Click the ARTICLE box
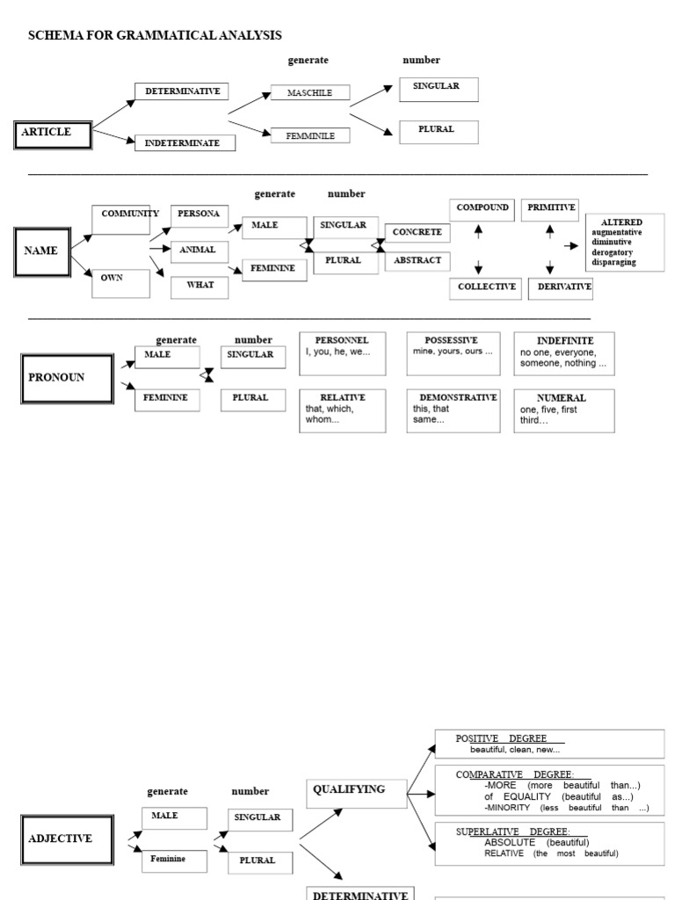pyautogui.click(x=53, y=134)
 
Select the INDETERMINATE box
pyautogui.click(x=185, y=142)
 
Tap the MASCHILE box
pyautogui.click(x=309, y=92)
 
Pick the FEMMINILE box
pyautogui.click(x=309, y=135)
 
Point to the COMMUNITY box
pyautogui.click(x=121, y=220)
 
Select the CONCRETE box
pyautogui.click(x=417, y=233)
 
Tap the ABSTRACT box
pyautogui.click(x=417, y=261)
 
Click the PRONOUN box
pyautogui.click(x=67, y=378)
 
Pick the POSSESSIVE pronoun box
pyautogui.click(x=454, y=352)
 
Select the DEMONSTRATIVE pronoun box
pyautogui.click(x=454, y=410)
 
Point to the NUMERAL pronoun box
pyautogui.click(x=563, y=410)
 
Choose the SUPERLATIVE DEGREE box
pyautogui.click(x=549, y=844)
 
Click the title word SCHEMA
pyautogui.click(x=55, y=35)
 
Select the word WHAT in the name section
pyautogui.click(x=200, y=286)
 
